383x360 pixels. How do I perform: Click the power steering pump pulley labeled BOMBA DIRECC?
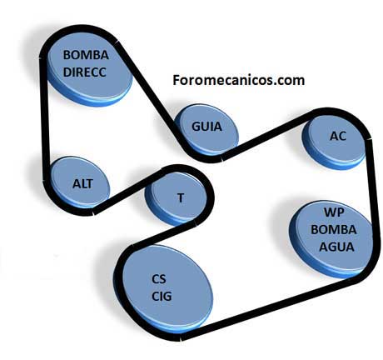(89, 69)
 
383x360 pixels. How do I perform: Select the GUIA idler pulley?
(206, 129)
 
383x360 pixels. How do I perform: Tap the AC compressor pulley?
(334, 141)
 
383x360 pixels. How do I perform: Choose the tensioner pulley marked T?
(176, 197)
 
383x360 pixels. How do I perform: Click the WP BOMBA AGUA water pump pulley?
(331, 239)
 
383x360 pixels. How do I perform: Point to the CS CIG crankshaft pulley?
(166, 289)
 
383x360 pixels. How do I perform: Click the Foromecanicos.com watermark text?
(239, 80)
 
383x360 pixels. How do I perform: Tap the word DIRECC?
(85, 72)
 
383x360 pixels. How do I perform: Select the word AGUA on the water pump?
(336, 247)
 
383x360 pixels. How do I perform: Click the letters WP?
(334, 212)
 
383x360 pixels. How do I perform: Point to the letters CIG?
(162, 296)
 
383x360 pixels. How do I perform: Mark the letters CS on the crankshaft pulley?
(159, 279)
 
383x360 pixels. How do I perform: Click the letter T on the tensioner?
(181, 197)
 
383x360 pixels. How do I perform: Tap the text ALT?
(82, 183)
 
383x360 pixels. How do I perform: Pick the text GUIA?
(207, 127)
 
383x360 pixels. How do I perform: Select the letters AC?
(338, 136)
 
